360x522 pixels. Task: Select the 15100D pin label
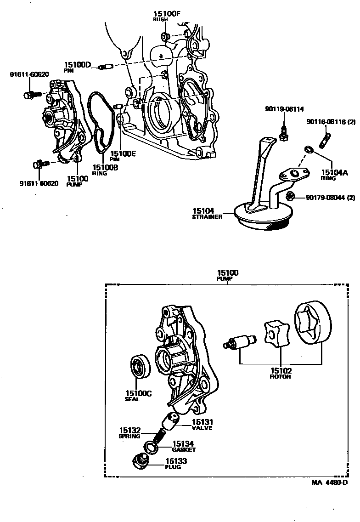point(78,65)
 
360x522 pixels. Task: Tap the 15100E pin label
point(123,154)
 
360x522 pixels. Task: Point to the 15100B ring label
point(105,168)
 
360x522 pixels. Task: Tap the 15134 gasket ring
point(150,447)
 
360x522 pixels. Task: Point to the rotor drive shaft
point(240,342)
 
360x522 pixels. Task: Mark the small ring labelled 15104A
point(308,149)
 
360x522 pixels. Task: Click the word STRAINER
point(208,216)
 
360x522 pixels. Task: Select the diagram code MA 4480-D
point(329,482)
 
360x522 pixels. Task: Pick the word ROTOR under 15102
point(280,376)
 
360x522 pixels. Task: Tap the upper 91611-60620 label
point(29,74)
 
